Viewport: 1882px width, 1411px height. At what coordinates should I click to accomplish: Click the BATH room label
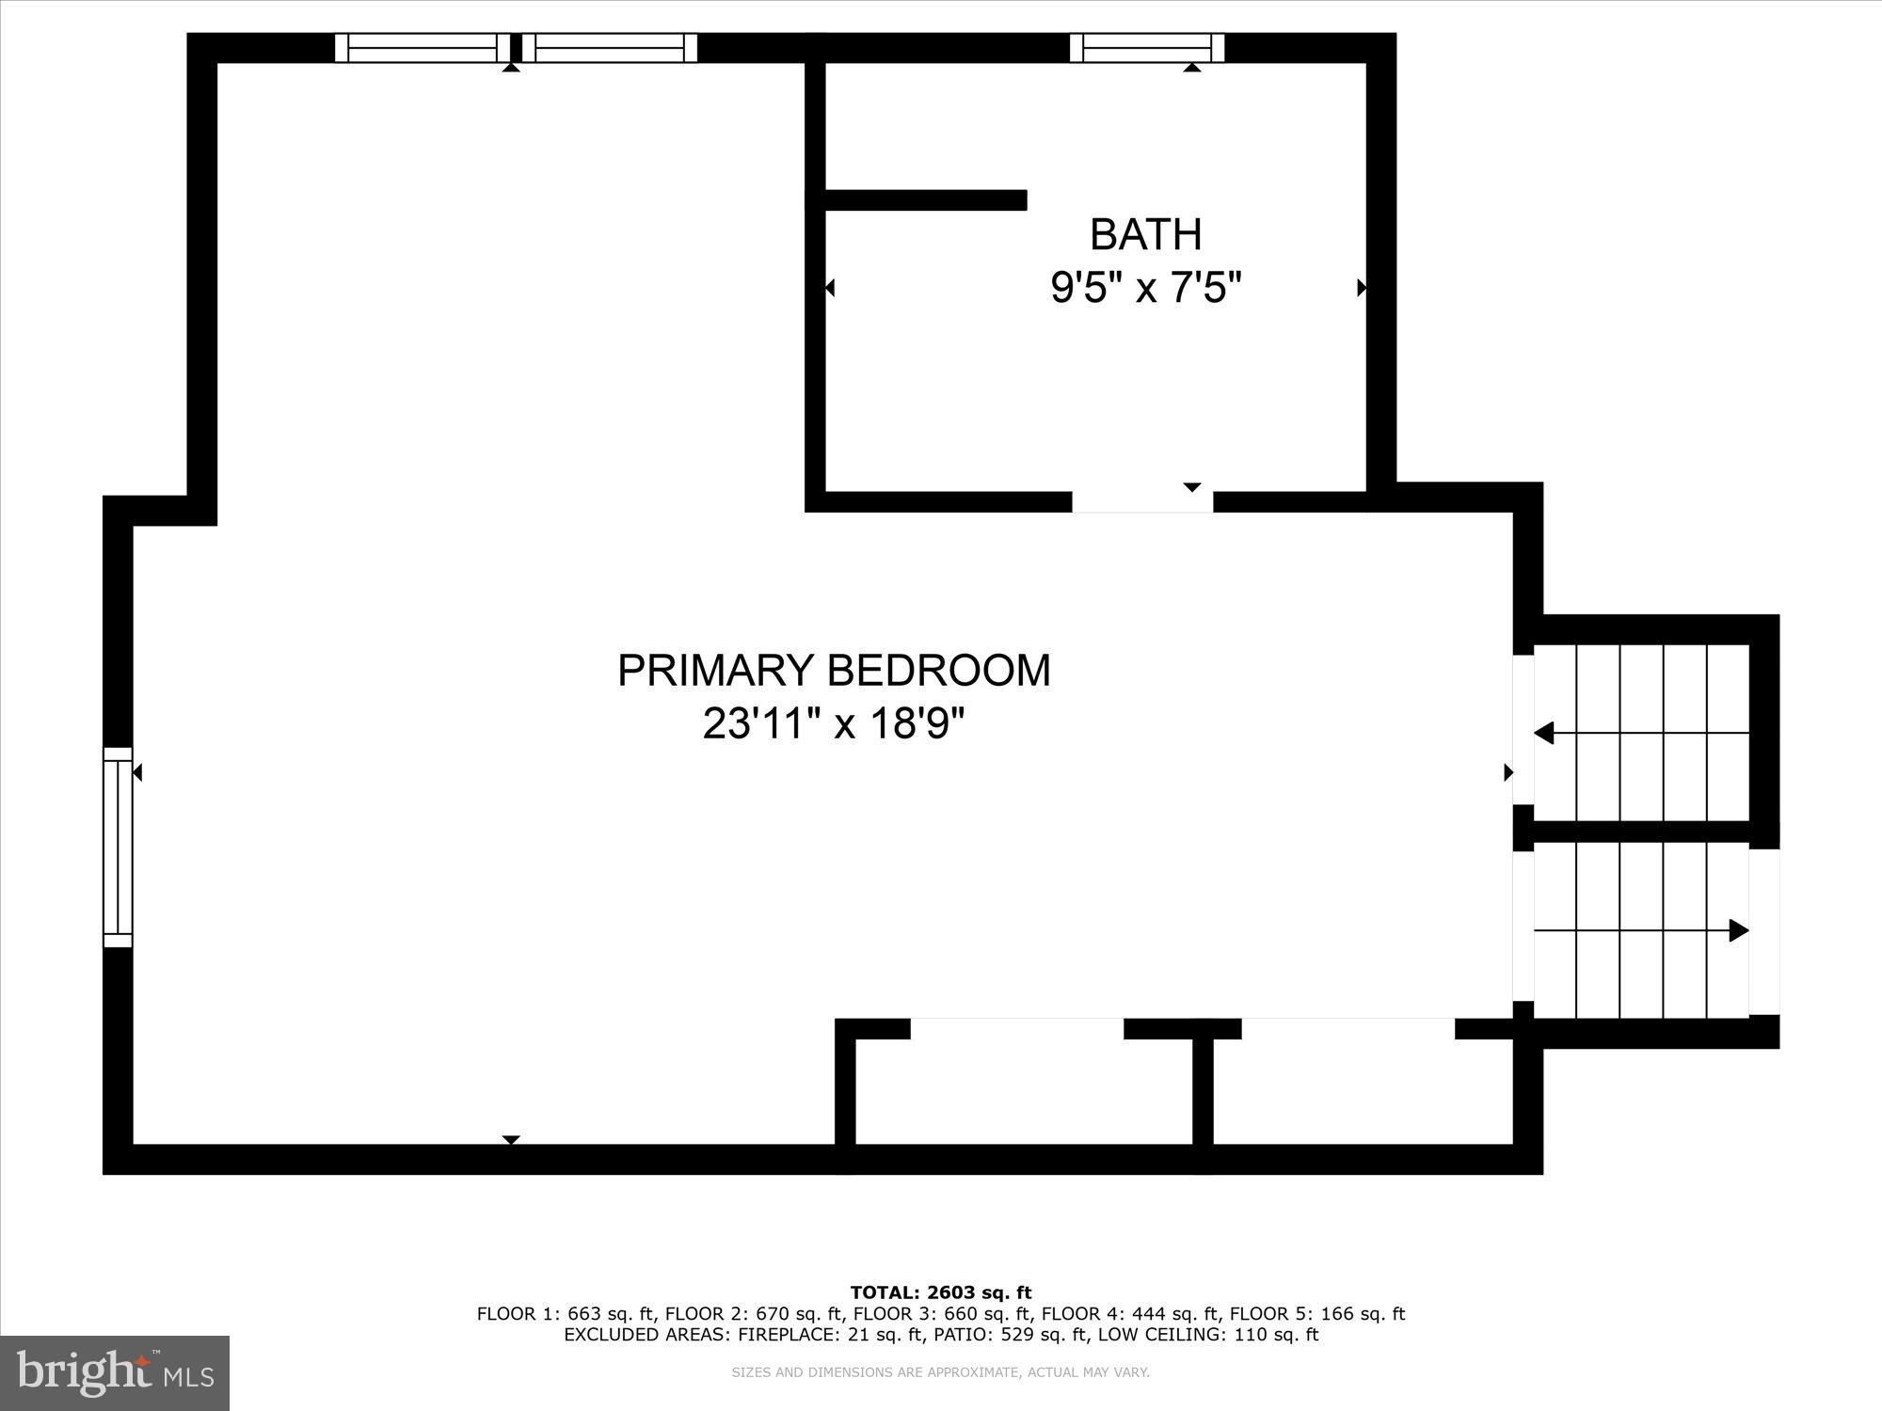click(x=1145, y=234)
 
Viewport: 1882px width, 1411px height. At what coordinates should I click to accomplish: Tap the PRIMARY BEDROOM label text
click(x=834, y=671)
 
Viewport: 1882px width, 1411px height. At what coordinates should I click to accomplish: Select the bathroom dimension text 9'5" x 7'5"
click(x=1145, y=288)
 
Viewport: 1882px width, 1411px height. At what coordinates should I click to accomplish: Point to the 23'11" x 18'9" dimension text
click(x=834, y=724)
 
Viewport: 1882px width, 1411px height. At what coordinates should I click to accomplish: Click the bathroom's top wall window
click(x=1147, y=47)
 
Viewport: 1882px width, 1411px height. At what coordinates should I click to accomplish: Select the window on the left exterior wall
click(x=118, y=847)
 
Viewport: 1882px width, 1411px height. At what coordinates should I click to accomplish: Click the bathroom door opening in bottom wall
click(x=1142, y=501)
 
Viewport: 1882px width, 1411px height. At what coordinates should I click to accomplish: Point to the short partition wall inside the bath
click(x=925, y=199)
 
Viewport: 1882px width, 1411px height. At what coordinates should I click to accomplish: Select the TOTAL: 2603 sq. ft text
click(x=941, y=1292)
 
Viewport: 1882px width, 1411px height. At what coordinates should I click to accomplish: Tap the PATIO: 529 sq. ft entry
click(x=1029, y=1335)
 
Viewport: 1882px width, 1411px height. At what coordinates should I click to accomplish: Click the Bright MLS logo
click(x=115, y=1373)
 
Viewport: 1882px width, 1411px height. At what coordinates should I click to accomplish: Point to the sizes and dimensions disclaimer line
click(x=941, y=1372)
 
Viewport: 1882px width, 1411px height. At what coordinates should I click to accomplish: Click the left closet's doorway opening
click(x=1017, y=1028)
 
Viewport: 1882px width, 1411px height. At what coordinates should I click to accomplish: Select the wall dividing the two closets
click(x=1203, y=1091)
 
